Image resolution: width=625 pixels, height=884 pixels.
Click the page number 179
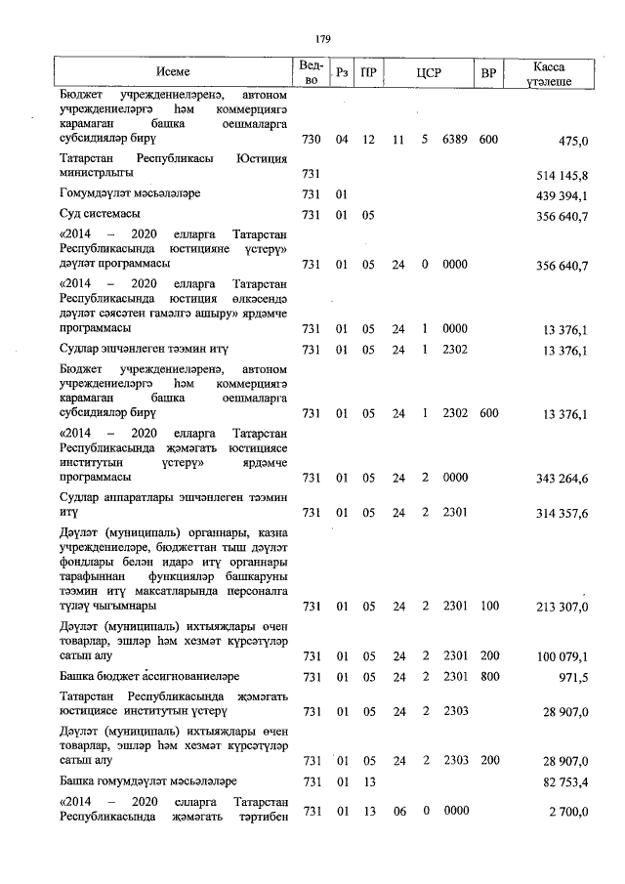(x=323, y=38)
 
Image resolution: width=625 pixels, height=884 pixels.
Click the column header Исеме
(x=172, y=72)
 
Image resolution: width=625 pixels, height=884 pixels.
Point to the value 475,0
(x=572, y=141)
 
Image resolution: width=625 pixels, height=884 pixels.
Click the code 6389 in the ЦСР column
(x=456, y=141)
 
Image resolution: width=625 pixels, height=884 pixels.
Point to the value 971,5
(x=572, y=677)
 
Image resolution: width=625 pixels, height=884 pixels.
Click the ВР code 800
(x=488, y=677)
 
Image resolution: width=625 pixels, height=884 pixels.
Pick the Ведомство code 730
(x=312, y=141)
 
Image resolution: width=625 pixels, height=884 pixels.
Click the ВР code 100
(x=488, y=608)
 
